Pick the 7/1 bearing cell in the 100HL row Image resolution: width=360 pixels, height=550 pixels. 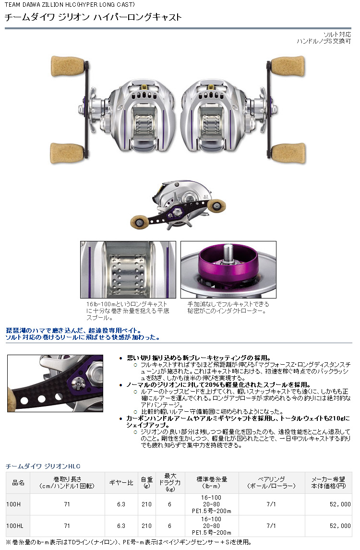click(x=272, y=526)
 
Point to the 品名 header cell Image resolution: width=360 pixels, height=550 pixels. click(x=17, y=483)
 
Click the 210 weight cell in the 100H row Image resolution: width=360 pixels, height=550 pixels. click(x=146, y=504)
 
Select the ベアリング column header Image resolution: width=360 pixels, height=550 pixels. click(x=272, y=483)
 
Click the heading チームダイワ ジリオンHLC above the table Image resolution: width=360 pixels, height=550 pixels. click(x=43, y=466)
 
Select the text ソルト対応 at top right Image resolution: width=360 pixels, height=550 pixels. click(x=337, y=35)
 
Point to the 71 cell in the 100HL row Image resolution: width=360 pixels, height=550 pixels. click(x=67, y=526)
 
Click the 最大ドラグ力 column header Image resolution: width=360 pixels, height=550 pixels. click(x=170, y=483)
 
